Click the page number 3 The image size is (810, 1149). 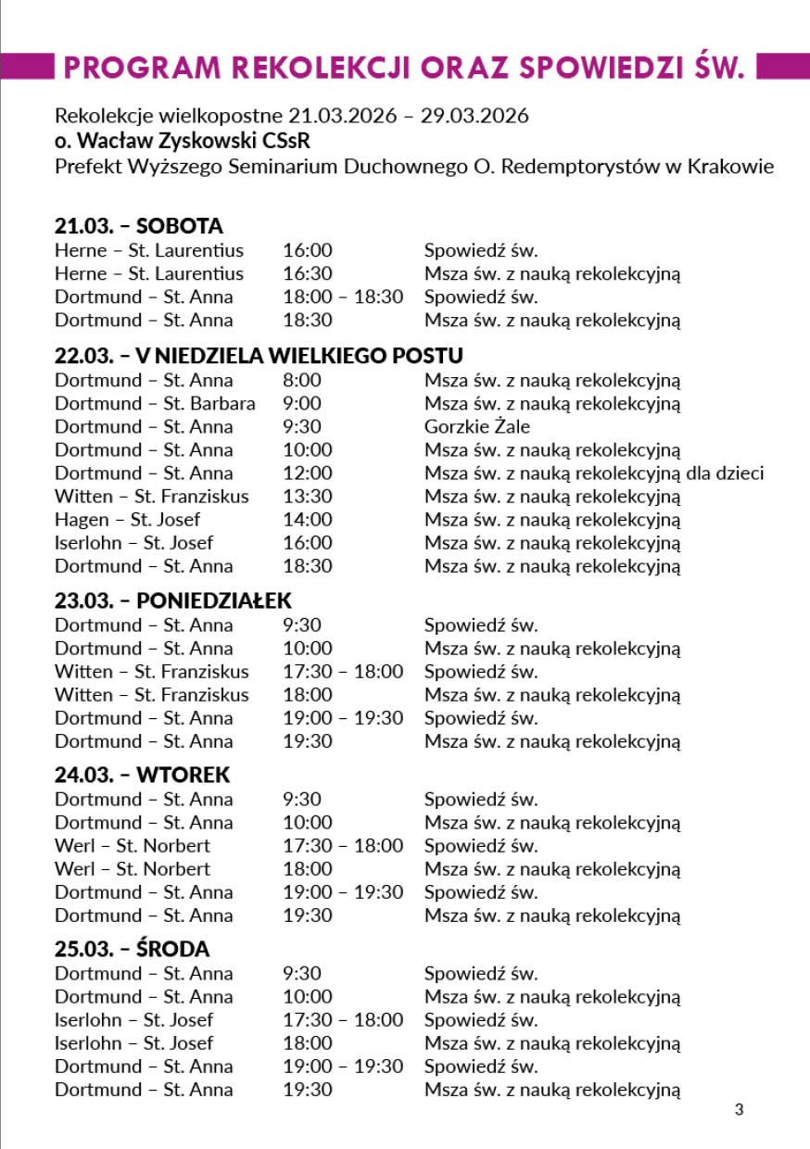[x=739, y=1109]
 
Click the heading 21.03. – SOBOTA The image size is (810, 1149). [x=139, y=226]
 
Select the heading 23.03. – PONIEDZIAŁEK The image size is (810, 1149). [x=172, y=600]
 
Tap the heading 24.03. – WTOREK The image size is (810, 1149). [x=142, y=775]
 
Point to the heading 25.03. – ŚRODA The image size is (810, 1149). [x=132, y=949]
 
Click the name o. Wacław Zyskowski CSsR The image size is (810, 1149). [x=183, y=142]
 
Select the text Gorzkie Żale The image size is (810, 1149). [x=477, y=426]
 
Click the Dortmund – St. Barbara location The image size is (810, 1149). [x=155, y=403]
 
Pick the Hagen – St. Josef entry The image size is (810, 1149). [x=127, y=519]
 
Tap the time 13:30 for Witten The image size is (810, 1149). [x=307, y=496]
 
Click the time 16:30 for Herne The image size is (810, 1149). [x=307, y=273]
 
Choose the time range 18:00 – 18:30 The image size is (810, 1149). [x=343, y=297]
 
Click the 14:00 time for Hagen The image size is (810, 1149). [x=307, y=519]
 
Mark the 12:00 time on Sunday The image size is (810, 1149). [x=307, y=473]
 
